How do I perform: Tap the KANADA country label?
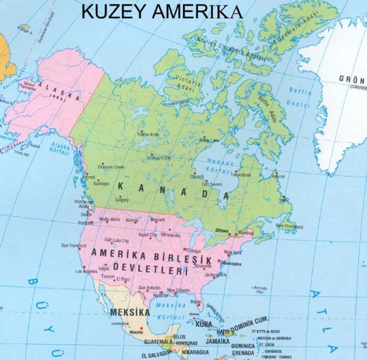point(172,191)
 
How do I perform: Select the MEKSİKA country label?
point(129,312)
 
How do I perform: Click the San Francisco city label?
point(75,245)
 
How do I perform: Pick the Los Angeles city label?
point(86,271)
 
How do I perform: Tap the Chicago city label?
point(193,250)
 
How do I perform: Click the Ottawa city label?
point(222,230)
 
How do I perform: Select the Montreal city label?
point(245,232)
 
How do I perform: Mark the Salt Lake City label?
point(117,240)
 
